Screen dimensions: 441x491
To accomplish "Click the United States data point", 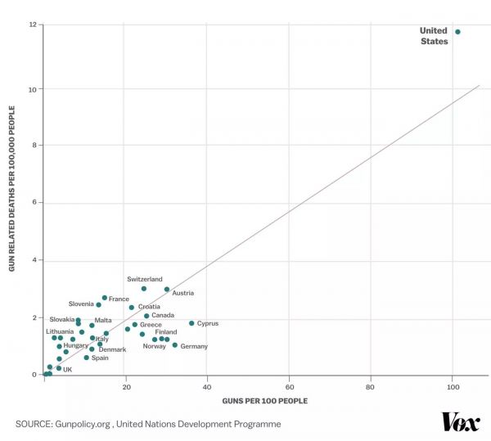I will point(457,32).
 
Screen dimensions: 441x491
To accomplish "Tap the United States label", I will point(434,36).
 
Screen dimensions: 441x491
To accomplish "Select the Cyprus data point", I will point(191,323).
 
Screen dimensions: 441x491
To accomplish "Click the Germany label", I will point(194,346).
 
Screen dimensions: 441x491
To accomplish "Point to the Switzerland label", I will point(144,279).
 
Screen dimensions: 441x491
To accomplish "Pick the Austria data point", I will point(167,289).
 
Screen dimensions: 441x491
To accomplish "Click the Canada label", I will point(163,315).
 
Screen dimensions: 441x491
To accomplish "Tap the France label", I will point(119,299).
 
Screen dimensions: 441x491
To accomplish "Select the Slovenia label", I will point(81,304).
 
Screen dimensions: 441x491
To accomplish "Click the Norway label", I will point(154,346).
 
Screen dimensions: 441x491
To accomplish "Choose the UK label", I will point(68,370).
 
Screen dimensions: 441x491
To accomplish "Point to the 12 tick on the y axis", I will point(32,25).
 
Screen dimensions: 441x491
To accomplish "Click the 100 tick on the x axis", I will point(453,385).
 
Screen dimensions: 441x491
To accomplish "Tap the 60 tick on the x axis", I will point(289,385).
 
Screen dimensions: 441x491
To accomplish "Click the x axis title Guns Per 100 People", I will point(265,400).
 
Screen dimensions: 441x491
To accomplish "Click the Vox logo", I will point(461,422).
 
